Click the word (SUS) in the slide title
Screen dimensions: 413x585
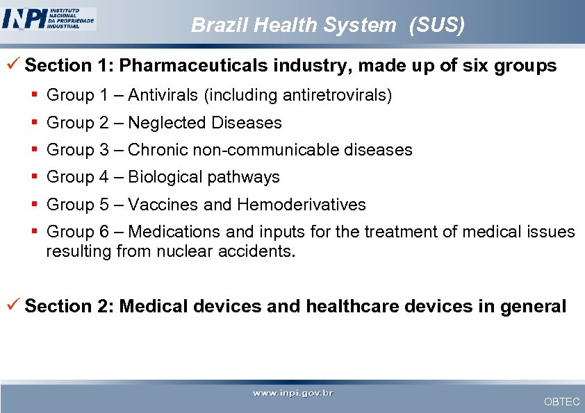[437, 26]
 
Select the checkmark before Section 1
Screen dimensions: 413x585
[15, 65]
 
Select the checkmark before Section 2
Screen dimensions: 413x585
[15, 305]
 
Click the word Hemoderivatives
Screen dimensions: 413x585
[302, 205]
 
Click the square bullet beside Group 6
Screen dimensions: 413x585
[34, 231]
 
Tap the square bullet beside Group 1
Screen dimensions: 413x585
[34, 95]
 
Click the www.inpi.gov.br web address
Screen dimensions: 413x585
[292, 394]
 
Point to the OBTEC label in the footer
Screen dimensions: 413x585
[561, 402]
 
